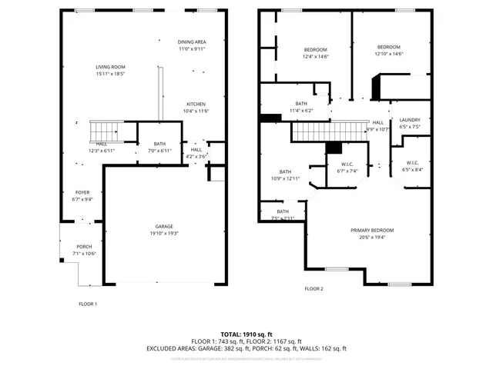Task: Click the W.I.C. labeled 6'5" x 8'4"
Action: (412, 166)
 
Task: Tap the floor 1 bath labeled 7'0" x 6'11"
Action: (159, 148)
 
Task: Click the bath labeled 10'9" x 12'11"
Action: (285, 175)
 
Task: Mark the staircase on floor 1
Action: (106, 131)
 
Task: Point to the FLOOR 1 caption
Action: (88, 304)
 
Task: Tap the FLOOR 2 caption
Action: (314, 288)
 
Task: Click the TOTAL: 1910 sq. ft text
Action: (246, 334)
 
